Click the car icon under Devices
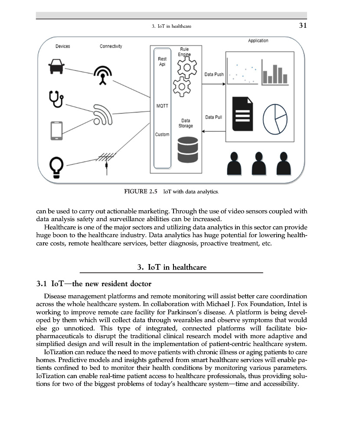[x=57, y=66]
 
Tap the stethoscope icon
[x=57, y=99]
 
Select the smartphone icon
[x=57, y=131]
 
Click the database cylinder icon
[x=188, y=149]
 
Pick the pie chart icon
[x=275, y=119]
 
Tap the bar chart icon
[x=274, y=75]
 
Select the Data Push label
[x=214, y=75]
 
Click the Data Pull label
[x=213, y=117]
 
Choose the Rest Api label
[x=162, y=62]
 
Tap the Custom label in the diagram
[x=162, y=134]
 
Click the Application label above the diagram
[x=258, y=41]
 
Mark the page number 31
[x=303, y=26]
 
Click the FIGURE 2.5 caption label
[x=140, y=191]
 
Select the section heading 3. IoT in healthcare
[x=172, y=267]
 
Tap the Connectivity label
[x=111, y=46]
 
